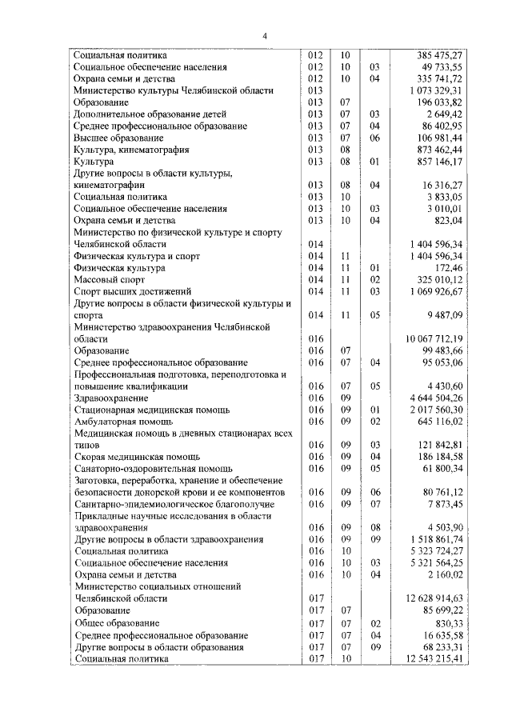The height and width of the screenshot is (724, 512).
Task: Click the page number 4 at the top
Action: tap(266, 34)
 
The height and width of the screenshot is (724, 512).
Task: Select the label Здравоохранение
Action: tap(110, 398)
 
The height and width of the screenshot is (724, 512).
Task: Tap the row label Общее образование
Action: tap(116, 622)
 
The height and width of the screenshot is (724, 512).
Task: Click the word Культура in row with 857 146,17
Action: tap(94, 162)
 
